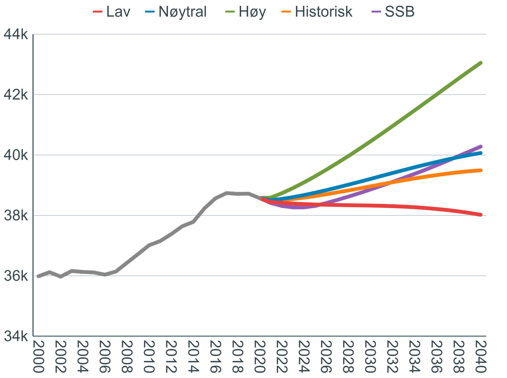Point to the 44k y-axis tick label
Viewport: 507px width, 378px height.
[16, 34]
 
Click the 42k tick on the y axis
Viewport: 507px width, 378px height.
[16, 95]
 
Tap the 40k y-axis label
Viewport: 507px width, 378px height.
[16, 155]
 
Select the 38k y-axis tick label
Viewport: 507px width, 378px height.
[16, 216]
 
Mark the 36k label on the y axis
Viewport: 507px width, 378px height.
[16, 276]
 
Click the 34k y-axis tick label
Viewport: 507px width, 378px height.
[16, 336]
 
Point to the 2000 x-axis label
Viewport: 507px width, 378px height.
[39, 357]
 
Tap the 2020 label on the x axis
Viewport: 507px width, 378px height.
[260, 357]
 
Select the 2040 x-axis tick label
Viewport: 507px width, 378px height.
[480, 357]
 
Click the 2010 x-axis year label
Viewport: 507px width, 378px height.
[149, 357]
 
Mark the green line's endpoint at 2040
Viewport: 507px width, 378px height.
[481, 63]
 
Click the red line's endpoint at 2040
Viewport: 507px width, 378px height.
[481, 215]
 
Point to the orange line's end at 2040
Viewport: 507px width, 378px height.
[481, 170]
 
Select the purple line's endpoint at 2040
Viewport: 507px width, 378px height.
[481, 146]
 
